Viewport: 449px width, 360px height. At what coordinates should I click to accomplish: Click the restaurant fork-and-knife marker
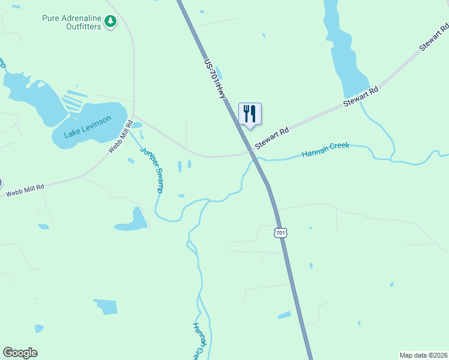point(250,113)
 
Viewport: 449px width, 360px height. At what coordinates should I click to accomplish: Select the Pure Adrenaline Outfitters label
point(71,22)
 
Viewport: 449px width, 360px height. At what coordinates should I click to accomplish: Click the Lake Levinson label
point(88,127)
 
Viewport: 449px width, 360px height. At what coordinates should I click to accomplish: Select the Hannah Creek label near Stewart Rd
point(325,151)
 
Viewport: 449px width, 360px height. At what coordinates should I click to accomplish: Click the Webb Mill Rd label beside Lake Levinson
point(120,137)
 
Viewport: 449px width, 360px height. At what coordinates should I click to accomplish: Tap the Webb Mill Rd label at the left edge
point(25,191)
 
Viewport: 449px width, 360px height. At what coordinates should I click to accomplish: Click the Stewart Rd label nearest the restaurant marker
point(272,138)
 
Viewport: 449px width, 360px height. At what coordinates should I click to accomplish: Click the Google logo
point(20,353)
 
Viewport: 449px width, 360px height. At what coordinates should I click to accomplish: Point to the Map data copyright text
point(423,355)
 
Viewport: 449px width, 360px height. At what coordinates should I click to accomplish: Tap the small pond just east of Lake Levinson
point(137,125)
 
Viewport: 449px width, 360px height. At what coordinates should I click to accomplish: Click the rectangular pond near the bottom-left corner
point(106,307)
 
